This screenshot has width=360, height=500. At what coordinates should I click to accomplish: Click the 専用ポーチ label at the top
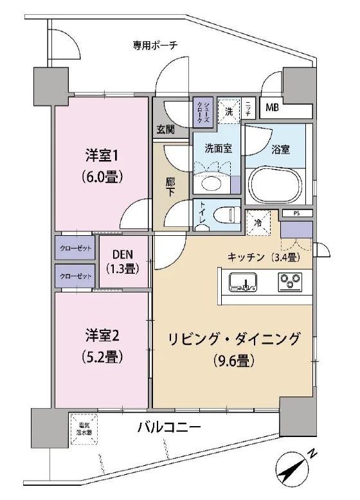(x=155, y=45)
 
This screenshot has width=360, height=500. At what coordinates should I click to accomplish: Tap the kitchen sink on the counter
(x=241, y=281)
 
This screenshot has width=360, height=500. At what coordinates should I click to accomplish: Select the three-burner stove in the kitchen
(x=289, y=281)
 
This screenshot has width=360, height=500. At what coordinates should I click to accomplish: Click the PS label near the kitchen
(x=296, y=214)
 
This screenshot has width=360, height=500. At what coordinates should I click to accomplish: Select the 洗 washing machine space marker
(x=228, y=110)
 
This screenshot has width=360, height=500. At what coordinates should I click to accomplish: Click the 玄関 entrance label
(x=165, y=129)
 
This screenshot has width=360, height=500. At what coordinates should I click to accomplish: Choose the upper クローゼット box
(x=75, y=248)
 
